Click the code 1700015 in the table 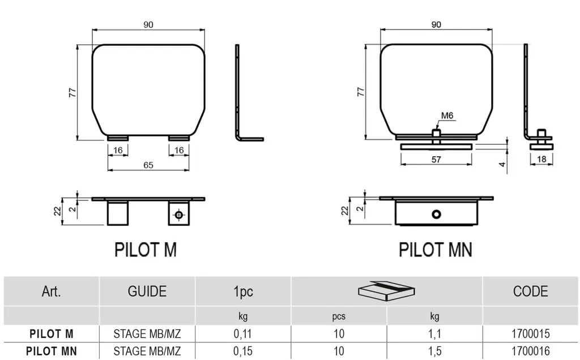[531, 334]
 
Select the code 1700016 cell [531, 351]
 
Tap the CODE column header [530, 292]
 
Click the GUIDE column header [147, 292]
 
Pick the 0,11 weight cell [243, 334]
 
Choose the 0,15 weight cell [243, 351]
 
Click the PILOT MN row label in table [52, 351]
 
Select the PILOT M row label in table [52, 334]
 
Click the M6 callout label [447, 115]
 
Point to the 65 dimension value [148, 165]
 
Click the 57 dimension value [436, 160]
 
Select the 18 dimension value [542, 160]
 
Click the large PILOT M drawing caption [146, 250]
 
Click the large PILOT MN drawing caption [436, 250]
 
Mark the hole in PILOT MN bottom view [436, 214]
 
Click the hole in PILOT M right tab [179, 215]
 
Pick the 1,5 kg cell [434, 351]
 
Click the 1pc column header [243, 292]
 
